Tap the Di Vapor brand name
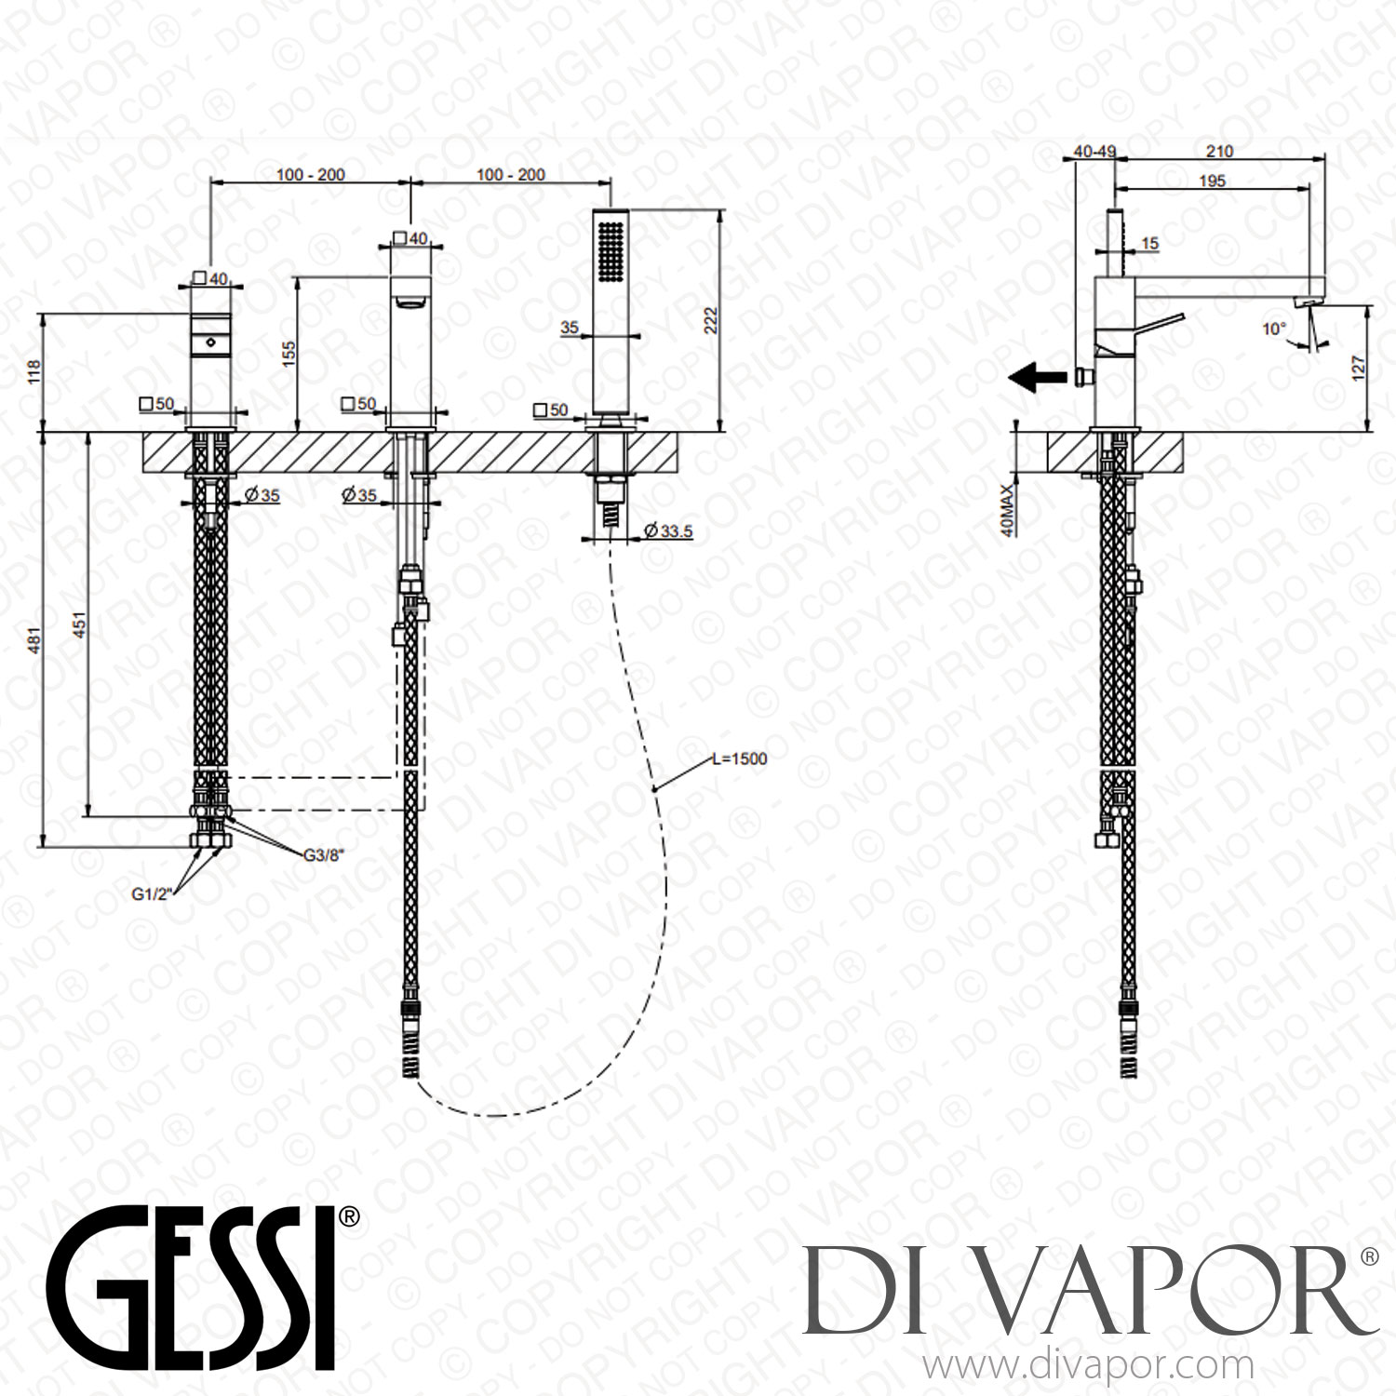click(1089, 1290)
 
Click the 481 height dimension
click(34, 642)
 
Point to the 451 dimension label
click(79, 625)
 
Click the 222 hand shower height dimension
click(737, 321)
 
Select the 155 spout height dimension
click(289, 352)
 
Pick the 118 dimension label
click(34, 372)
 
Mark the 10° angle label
click(1274, 329)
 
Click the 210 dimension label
click(1218, 151)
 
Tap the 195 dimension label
click(1212, 181)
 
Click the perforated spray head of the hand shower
click(611, 246)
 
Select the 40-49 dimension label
click(1094, 151)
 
